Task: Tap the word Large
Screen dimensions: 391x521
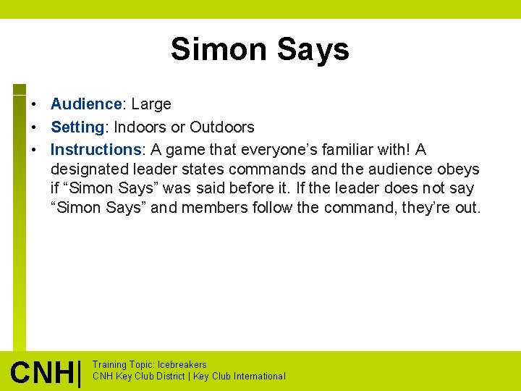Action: [x=151, y=104]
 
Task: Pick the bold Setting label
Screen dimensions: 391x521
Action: [x=78, y=127]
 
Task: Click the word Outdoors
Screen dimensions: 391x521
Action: [x=222, y=127]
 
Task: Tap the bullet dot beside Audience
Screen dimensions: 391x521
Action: [x=33, y=104]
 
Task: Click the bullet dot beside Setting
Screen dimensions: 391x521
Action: [x=33, y=127]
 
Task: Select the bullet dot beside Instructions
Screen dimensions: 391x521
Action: [x=33, y=150]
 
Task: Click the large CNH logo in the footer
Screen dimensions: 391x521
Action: [x=45, y=372]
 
